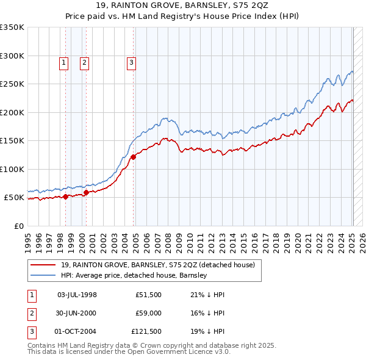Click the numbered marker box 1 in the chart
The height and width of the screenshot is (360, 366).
pos(64,62)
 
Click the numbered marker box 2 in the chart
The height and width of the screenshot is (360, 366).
pos(84,62)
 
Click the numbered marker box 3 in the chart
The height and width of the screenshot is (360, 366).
pos(131,62)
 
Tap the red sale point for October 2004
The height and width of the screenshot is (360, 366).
pos(133,157)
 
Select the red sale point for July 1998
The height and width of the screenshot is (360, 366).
pos(66,196)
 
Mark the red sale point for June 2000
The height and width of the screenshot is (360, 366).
pos(86,192)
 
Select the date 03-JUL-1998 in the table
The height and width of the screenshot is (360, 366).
pos(77,295)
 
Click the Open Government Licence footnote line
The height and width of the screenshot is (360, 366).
pos(129,353)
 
